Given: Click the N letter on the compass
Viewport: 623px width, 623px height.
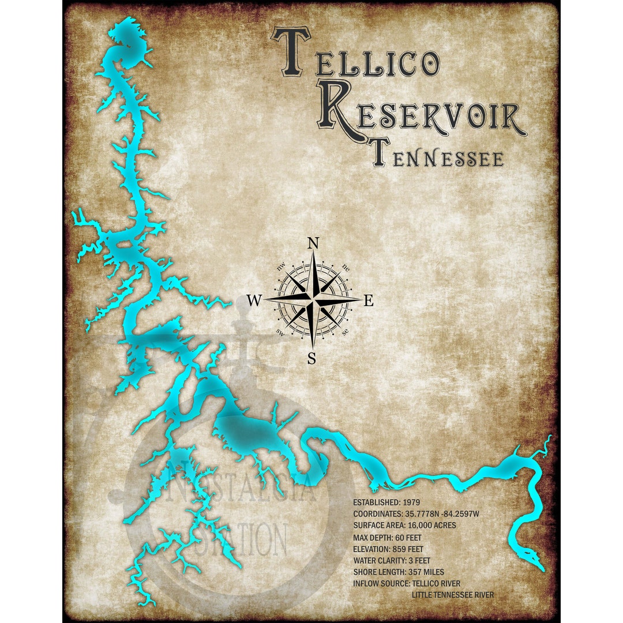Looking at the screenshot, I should [313, 243].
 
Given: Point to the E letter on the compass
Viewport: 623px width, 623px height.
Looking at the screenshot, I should [369, 301].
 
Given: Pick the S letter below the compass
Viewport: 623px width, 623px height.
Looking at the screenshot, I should [311, 359].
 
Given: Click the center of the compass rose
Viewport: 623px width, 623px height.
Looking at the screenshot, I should [312, 300].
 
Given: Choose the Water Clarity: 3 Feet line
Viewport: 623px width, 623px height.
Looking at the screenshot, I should [400, 560].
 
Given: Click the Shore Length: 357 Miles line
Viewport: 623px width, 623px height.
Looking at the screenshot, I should [403, 572].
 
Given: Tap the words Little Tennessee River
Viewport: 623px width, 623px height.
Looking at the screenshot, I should [453, 594].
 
